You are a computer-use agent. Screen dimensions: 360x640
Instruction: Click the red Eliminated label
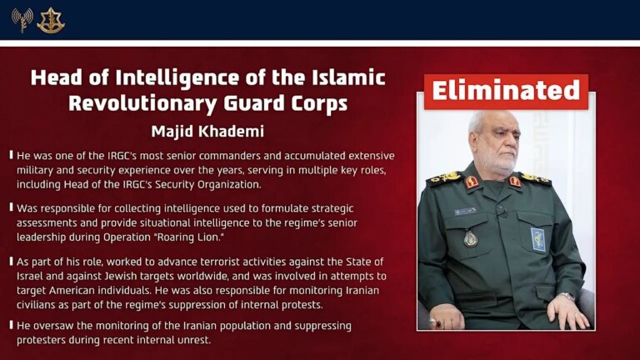coord(506,91)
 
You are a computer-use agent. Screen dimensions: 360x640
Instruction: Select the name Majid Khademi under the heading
coord(207,132)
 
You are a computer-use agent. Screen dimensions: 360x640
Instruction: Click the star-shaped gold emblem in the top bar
coord(51,20)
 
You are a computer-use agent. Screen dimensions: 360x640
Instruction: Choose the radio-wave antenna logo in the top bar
coord(22,20)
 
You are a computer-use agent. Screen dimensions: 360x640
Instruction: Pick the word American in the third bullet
coord(90,290)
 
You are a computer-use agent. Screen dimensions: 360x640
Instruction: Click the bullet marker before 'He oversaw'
coord(11,326)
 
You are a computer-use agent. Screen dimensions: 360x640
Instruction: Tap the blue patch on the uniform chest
coord(537,239)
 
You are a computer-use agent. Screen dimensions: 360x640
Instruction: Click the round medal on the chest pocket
coord(471,239)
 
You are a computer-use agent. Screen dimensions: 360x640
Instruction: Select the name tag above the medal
coord(465,212)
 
